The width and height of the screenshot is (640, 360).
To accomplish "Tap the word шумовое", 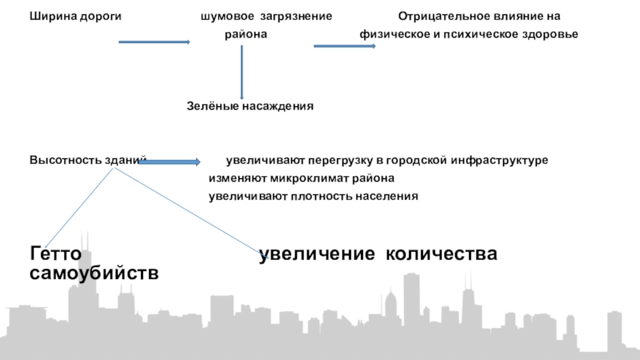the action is click(x=226, y=17).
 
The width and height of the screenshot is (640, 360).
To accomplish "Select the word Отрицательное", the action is click(x=438, y=17).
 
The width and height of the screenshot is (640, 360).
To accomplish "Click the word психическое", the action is click(x=482, y=35).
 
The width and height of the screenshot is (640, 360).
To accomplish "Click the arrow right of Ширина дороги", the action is click(x=154, y=42).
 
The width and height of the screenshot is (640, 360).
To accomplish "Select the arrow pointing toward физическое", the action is click(x=344, y=46).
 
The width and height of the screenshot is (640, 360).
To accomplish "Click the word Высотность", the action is click(x=66, y=160).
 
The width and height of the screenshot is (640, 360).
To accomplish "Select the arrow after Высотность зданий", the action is click(x=171, y=162).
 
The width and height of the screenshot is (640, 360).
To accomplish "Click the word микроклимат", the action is click(x=310, y=178).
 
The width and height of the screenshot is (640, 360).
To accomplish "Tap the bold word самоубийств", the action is click(x=94, y=274).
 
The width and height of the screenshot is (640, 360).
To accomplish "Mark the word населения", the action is click(x=387, y=196).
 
